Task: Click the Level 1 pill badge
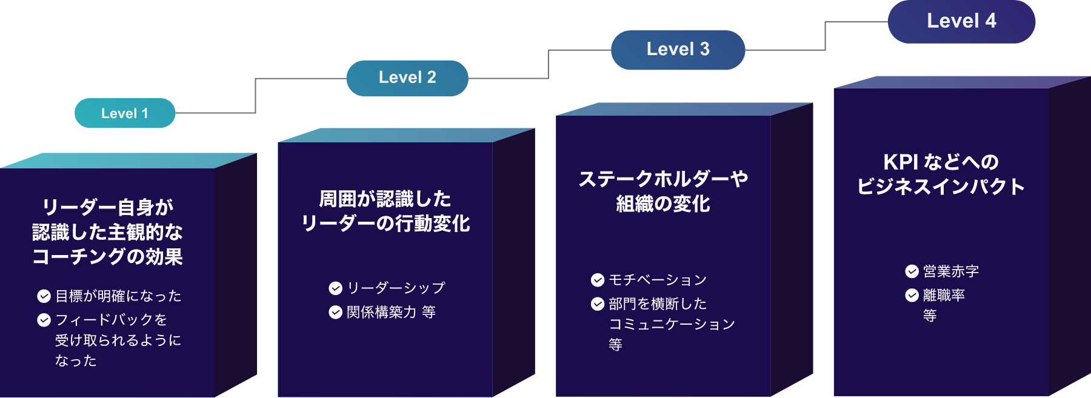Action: click(x=125, y=113)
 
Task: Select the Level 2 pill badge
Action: click(x=407, y=78)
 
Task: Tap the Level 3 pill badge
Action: click(x=678, y=50)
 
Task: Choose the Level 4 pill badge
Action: click(x=961, y=21)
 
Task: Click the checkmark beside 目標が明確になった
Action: click(x=44, y=296)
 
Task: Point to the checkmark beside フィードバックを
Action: click(x=44, y=320)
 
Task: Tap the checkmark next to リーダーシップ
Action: click(x=335, y=288)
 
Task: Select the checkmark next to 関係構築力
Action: click(x=335, y=312)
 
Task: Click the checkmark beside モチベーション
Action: click(x=598, y=280)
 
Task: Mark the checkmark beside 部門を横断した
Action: click(x=598, y=303)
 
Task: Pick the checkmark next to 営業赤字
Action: click(x=912, y=271)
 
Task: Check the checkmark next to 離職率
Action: click(x=912, y=295)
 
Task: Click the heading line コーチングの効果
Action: click(x=107, y=257)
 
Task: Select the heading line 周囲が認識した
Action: click(x=385, y=199)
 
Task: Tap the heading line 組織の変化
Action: click(x=663, y=204)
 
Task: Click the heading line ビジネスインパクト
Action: click(x=941, y=187)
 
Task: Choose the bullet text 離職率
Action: click(x=944, y=295)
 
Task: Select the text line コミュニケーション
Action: click(x=672, y=325)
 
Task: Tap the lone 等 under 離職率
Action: click(x=930, y=316)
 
